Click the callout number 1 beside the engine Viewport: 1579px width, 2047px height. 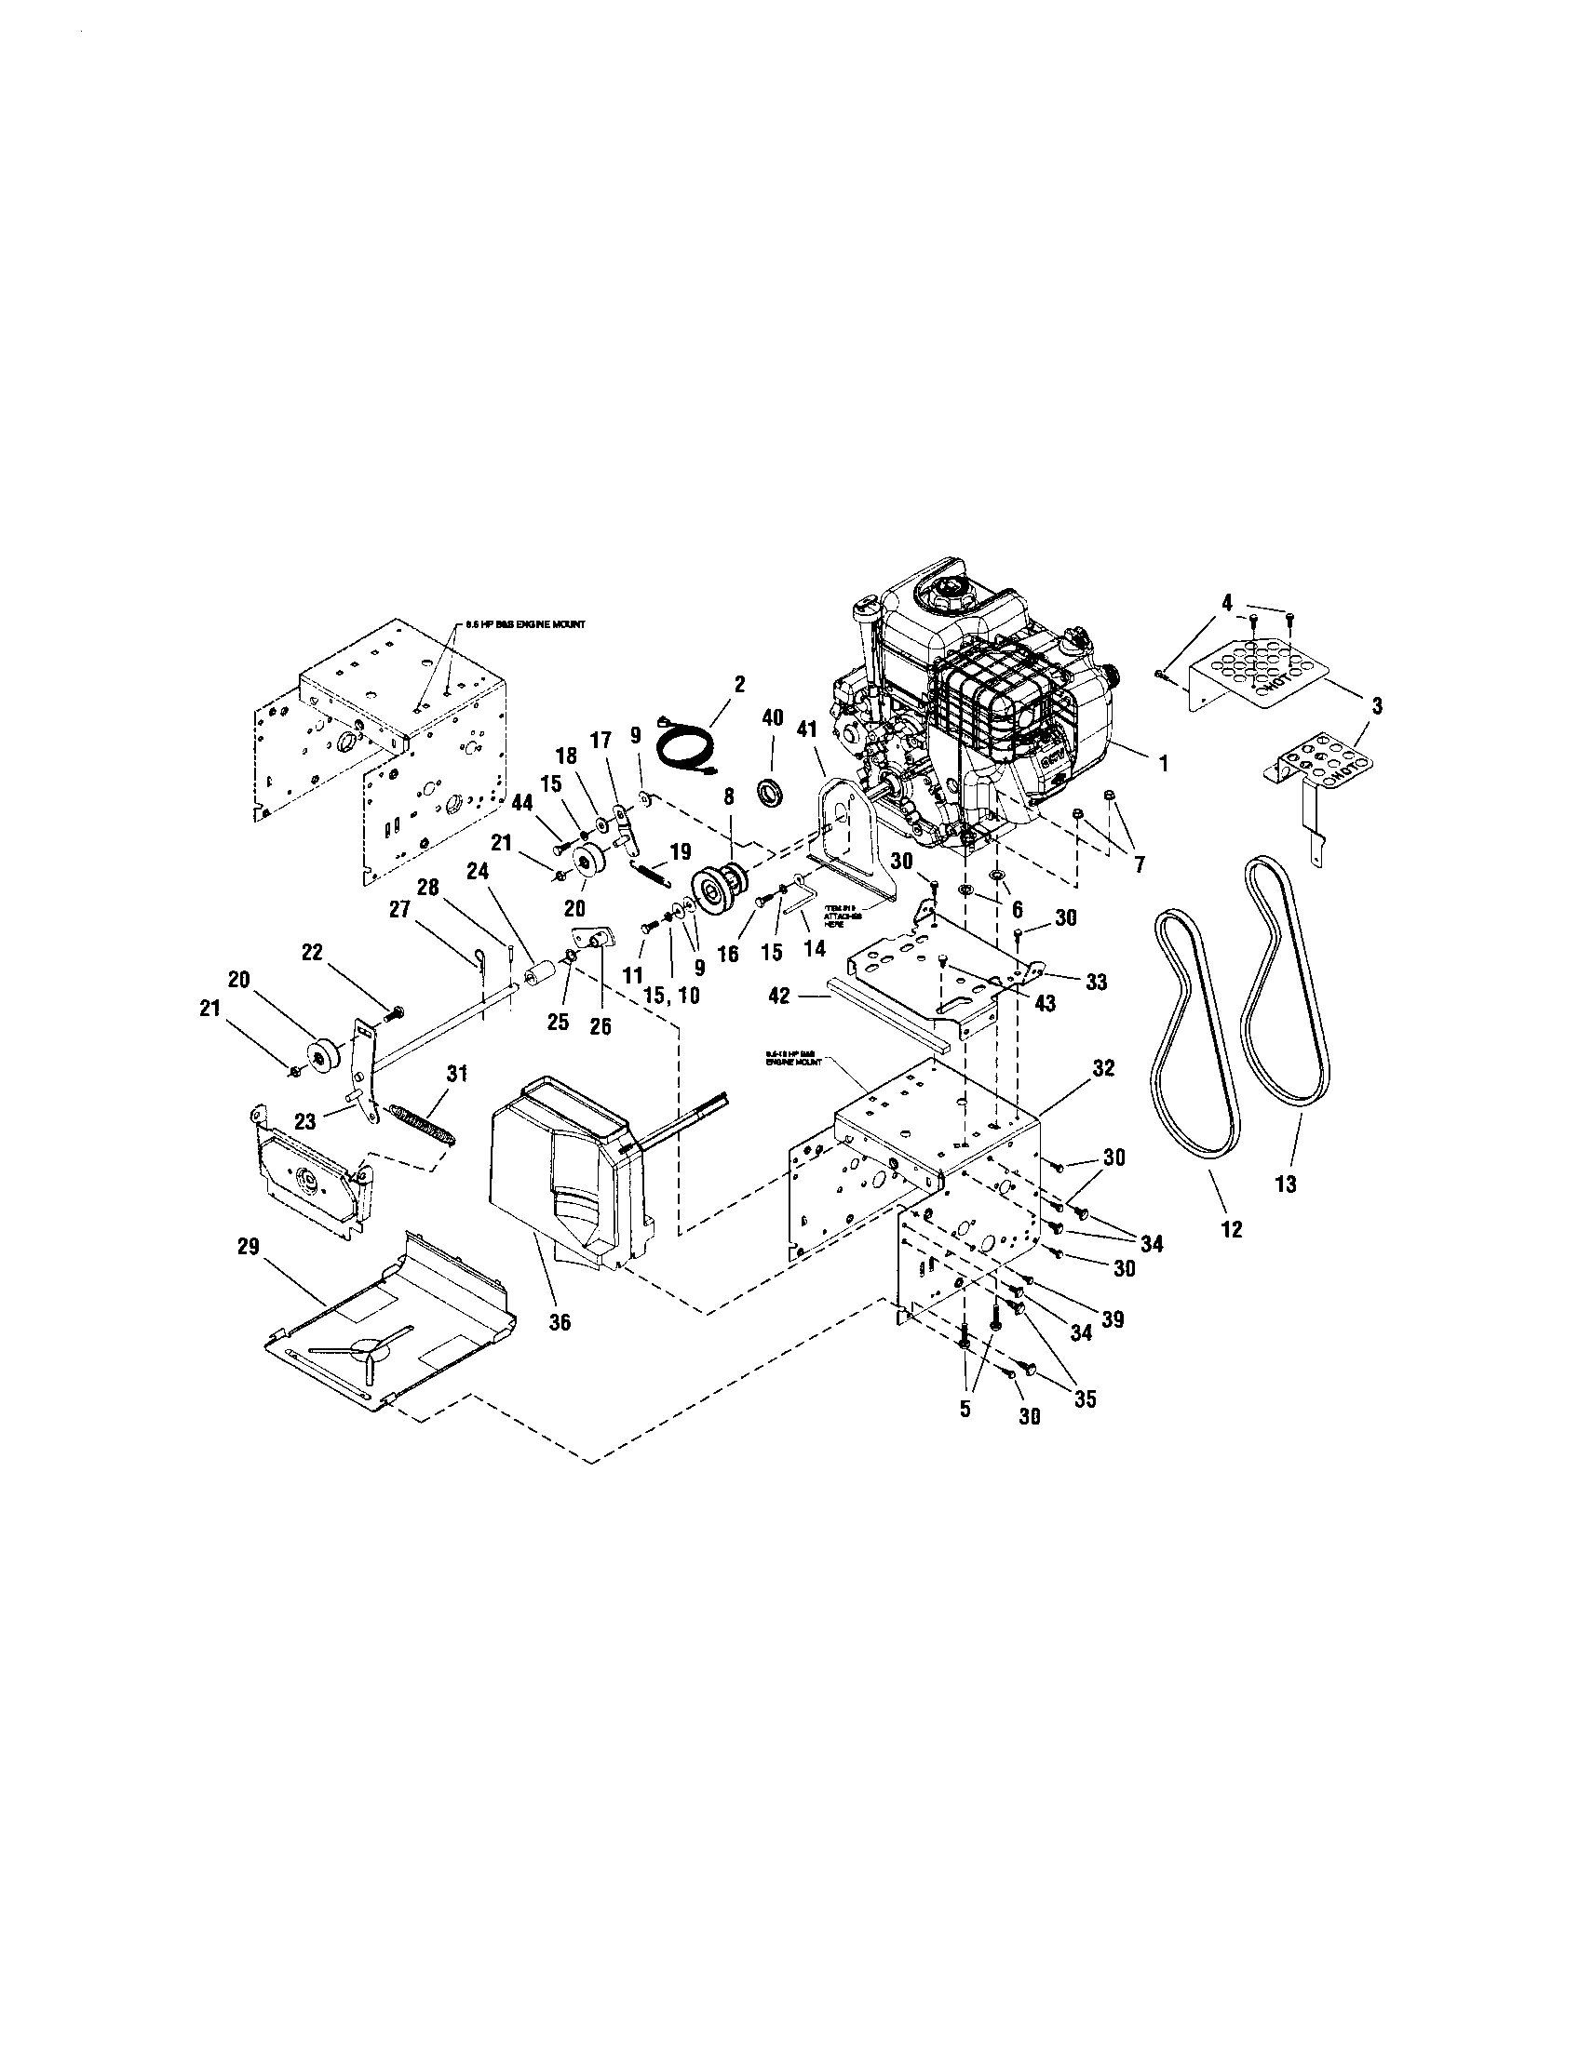(x=1163, y=764)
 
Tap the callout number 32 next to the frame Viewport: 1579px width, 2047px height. (x=1103, y=1067)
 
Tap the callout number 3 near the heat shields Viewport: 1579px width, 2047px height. (x=1376, y=705)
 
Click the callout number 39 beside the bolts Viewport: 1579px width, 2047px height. (x=1113, y=1318)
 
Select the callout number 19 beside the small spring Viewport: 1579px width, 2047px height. (x=681, y=851)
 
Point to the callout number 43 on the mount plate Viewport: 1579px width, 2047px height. (x=1046, y=1003)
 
